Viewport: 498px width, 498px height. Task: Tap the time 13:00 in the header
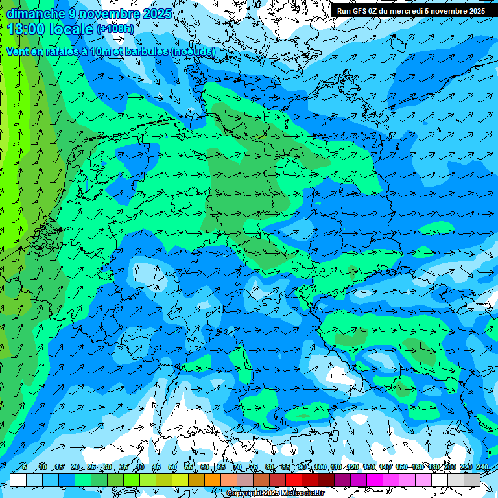click(25, 29)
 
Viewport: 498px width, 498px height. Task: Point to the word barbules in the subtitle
click(143, 51)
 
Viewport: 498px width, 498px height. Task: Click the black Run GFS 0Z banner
click(410, 11)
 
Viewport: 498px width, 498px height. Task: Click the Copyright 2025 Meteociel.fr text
click(276, 493)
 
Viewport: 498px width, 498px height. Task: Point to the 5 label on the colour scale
click(24, 468)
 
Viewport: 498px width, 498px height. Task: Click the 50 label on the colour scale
click(172, 468)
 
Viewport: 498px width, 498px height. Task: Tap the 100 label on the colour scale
click(320, 468)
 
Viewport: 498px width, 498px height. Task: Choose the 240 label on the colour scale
click(482, 468)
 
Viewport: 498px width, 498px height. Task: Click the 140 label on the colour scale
click(385, 468)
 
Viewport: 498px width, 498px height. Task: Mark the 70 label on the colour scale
click(237, 468)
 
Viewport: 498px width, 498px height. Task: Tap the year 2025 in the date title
click(158, 14)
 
